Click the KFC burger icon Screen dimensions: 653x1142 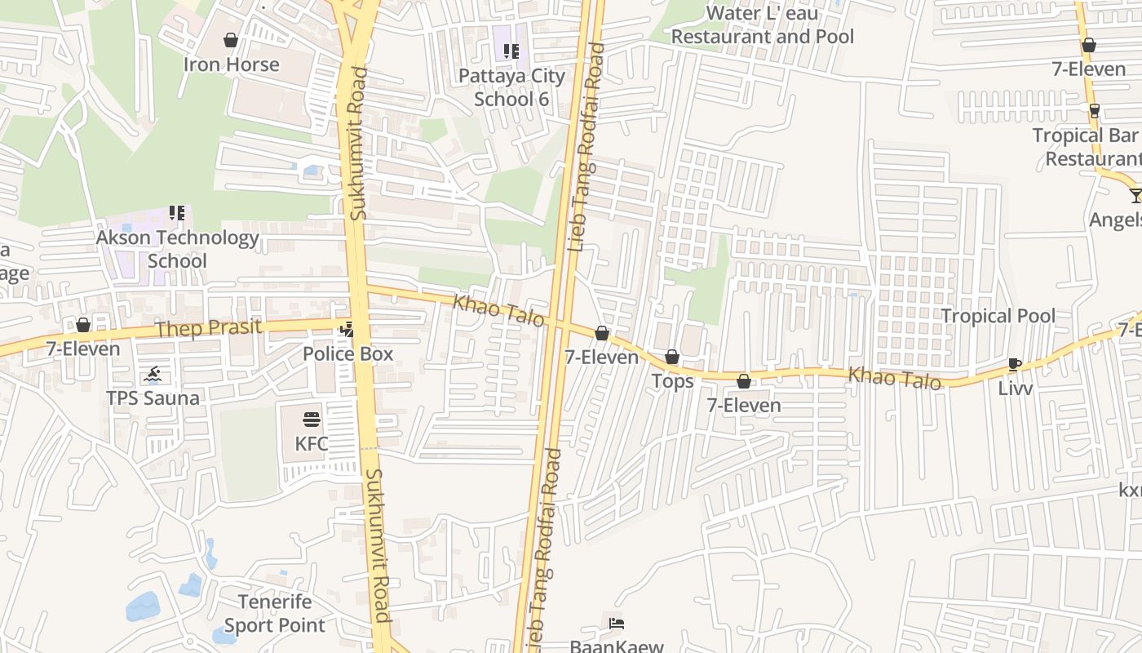[312, 420]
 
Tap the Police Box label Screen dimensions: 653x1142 [347, 354]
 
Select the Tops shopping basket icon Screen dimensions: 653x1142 [672, 357]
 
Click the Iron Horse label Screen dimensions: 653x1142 [231, 64]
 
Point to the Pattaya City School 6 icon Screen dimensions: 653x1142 [511, 51]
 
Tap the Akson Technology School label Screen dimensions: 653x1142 [177, 250]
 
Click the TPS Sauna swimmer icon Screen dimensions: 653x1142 [153, 375]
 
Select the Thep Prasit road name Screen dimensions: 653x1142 [208, 328]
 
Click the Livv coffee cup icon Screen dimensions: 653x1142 [1015, 364]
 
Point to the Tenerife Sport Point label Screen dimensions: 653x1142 [275, 614]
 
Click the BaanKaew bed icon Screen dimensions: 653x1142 [617, 624]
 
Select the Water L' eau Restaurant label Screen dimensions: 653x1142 [762, 25]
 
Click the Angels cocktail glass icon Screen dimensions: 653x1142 [1136, 195]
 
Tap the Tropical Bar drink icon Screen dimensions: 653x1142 [1095, 110]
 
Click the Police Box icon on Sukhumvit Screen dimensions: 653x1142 [347, 330]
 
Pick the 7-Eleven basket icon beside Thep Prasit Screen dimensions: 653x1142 [83, 326]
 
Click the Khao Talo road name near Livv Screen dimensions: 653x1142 [895, 378]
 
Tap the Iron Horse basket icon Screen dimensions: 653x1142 [231, 40]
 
